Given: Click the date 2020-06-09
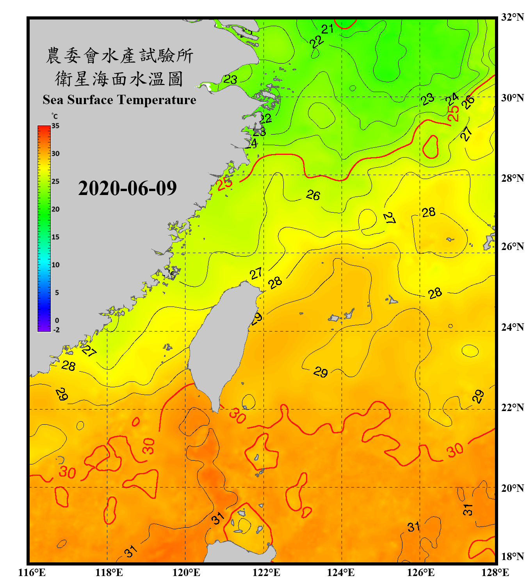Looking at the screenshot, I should coord(127,188).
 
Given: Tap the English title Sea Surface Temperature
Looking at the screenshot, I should coord(119,100).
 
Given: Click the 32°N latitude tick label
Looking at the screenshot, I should coord(512,17).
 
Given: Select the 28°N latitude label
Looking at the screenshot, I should coord(512,178).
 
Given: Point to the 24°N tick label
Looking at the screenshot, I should coord(512,327).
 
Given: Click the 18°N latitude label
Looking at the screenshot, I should coord(512,556).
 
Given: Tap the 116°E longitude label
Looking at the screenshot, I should coord(32,573).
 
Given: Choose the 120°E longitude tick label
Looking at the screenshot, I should coord(186,573).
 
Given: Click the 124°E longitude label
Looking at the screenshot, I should coord(341,573).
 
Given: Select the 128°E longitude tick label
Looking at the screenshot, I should coord(495,573).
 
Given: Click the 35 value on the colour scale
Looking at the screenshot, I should coord(55,126).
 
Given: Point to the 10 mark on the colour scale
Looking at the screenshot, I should coord(55,265).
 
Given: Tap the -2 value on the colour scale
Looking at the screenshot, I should coord(56,330).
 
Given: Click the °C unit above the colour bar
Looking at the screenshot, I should coord(55,116).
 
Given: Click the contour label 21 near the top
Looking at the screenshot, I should coord(327,29).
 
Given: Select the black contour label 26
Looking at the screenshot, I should coord(313,195).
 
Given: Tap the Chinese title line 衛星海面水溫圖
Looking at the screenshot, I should coord(119,79).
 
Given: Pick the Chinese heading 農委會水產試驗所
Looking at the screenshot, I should coord(119,56).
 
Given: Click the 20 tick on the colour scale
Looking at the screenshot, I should coord(55,209).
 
